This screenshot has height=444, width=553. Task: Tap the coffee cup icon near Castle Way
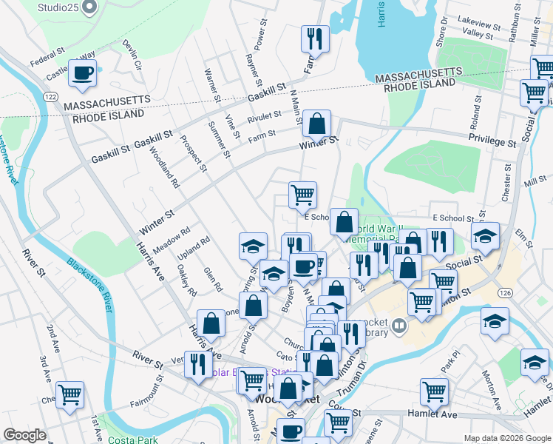pos(82,73)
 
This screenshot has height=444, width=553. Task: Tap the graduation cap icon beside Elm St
pos(485,237)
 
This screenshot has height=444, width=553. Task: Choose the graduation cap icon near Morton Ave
pos(495,321)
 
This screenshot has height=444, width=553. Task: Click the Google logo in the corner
pos(24,435)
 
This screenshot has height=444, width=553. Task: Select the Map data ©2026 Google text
pos(506,438)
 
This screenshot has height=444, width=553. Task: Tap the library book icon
pos(399,325)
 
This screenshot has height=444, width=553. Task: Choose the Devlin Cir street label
pos(132,55)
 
